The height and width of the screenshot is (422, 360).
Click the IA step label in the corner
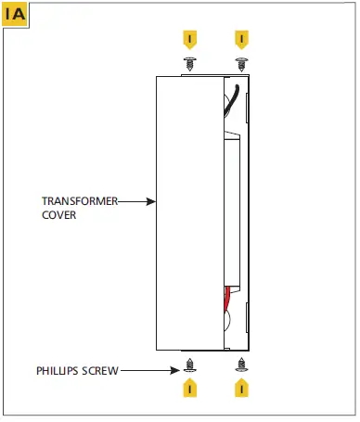pyautogui.click(x=16, y=15)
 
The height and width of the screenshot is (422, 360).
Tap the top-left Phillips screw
pyautogui.click(x=190, y=63)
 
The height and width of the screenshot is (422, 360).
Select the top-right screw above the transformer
pyautogui.click(x=241, y=63)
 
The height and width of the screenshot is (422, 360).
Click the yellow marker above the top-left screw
pyautogui.click(x=190, y=40)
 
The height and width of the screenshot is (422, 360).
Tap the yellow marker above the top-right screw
pyautogui.click(x=241, y=40)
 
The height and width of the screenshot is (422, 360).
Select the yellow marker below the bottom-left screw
pyautogui.click(x=190, y=388)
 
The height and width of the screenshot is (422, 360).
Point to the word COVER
pyautogui.click(x=58, y=214)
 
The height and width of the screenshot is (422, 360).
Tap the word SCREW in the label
pyautogui.click(x=102, y=371)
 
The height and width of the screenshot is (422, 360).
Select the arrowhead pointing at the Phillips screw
pyautogui.click(x=179, y=371)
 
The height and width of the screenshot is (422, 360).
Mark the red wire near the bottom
pyautogui.click(x=228, y=299)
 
